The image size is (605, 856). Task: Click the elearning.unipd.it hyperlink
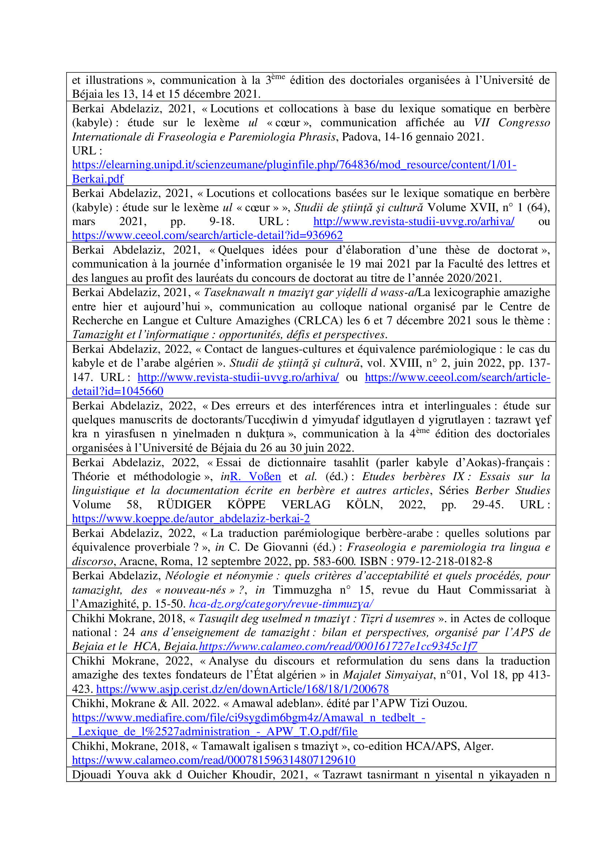[x=294, y=165]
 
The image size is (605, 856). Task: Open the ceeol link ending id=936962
[x=207, y=235]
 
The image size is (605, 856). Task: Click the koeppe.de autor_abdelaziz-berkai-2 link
[x=191, y=519]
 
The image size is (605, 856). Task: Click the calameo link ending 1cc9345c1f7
[x=338, y=646]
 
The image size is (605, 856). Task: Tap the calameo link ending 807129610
[x=214, y=760]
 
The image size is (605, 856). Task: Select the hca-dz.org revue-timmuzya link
[x=281, y=603]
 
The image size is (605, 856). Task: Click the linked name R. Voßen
[x=255, y=476]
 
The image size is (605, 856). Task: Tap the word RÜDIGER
[x=184, y=504]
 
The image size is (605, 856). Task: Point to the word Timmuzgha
[x=302, y=590]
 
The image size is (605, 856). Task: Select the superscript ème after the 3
[x=278, y=77]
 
